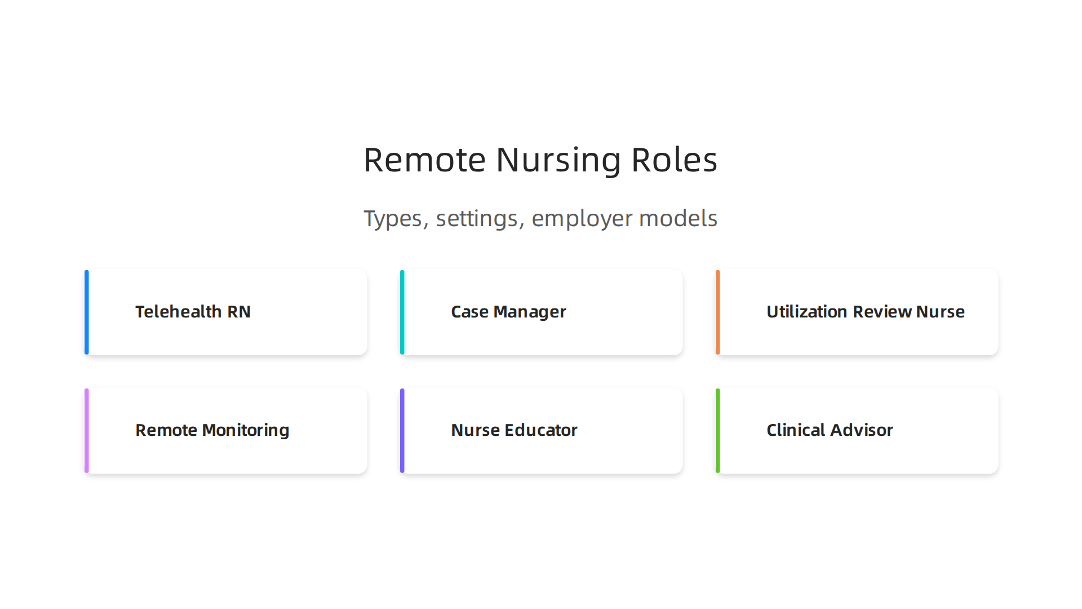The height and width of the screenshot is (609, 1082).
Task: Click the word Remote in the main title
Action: pyautogui.click(x=424, y=160)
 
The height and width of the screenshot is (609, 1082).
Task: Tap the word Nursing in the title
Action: pyautogui.click(x=558, y=160)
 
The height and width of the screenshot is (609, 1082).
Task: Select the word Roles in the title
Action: pyautogui.click(x=674, y=160)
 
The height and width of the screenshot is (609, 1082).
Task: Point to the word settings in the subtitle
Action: pyautogui.click(x=477, y=219)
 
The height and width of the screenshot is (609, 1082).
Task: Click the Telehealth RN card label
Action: pyautogui.click(x=193, y=312)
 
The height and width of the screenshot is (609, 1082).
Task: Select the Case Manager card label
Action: pyautogui.click(x=508, y=312)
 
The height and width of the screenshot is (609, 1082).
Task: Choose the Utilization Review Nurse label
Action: pyautogui.click(x=865, y=312)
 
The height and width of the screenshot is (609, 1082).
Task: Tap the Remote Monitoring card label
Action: pyautogui.click(x=212, y=430)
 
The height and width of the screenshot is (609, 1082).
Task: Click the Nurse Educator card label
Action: pyautogui.click(x=514, y=430)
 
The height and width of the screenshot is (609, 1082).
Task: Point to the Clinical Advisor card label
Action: pyautogui.click(x=830, y=430)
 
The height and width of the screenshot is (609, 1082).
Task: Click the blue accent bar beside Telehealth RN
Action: pyautogui.click(x=87, y=312)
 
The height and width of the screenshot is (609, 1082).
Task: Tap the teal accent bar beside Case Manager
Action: pyautogui.click(x=402, y=312)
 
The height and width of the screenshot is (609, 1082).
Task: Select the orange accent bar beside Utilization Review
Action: pyautogui.click(x=718, y=312)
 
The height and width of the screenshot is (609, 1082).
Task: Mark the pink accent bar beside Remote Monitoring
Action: pyautogui.click(x=87, y=431)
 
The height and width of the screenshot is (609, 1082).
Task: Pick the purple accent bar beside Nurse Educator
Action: pyautogui.click(x=402, y=431)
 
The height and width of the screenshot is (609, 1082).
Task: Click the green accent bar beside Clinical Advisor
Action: pyautogui.click(x=718, y=431)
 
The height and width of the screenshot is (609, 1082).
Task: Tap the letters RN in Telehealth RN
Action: pyautogui.click(x=239, y=312)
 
